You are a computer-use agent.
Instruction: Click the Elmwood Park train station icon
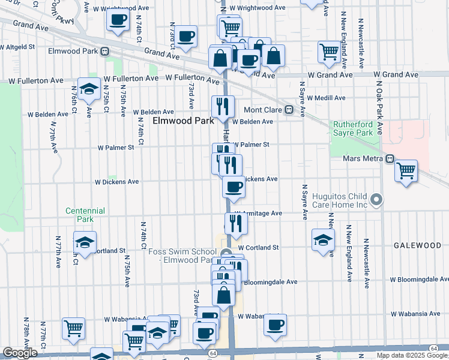(104, 52)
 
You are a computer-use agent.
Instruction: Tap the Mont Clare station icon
(288, 110)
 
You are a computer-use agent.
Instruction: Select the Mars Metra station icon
(390, 159)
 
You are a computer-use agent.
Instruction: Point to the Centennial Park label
(85, 215)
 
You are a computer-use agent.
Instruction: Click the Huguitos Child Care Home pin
(376, 199)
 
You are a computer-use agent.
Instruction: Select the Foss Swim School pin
(226, 253)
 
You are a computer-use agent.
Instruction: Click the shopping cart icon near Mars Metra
(406, 170)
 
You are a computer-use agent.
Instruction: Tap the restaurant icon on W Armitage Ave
(236, 223)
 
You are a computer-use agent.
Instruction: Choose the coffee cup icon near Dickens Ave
(234, 186)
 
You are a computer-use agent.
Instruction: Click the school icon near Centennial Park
(85, 243)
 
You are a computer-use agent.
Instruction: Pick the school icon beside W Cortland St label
(323, 239)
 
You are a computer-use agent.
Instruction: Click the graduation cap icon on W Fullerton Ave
(89, 89)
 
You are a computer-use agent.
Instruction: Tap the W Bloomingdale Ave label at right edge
(419, 280)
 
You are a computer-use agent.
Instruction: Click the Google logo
(20, 353)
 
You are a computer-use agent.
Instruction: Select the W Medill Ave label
(327, 98)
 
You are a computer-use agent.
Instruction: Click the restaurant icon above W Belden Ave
(223, 106)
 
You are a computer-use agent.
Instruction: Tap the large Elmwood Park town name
(183, 121)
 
